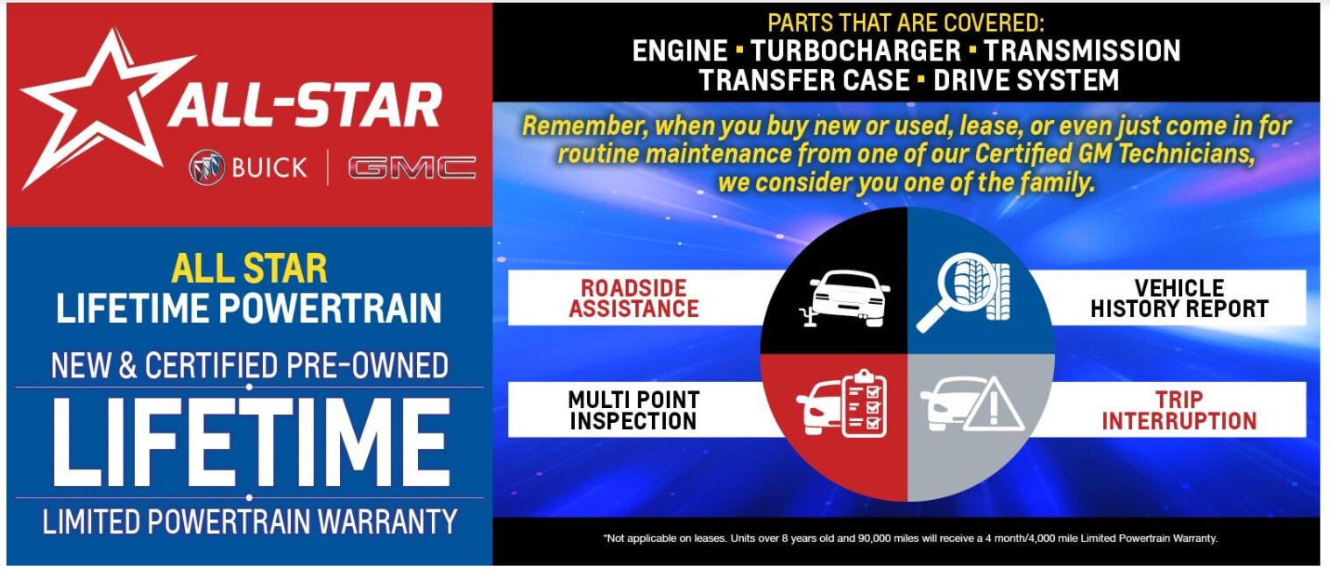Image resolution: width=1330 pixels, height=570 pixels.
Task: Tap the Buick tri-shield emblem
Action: pyautogui.click(x=207, y=167)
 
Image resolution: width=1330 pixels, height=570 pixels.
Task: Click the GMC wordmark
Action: pyautogui.click(x=412, y=168)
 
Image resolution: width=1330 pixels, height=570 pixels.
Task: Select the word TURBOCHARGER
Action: pyautogui.click(x=856, y=51)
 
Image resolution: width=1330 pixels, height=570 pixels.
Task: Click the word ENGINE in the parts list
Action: pyautogui.click(x=680, y=51)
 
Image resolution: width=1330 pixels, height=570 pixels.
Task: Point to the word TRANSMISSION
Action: pyautogui.click(x=1082, y=51)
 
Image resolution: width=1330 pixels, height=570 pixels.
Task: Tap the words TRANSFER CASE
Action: pyautogui.click(x=804, y=80)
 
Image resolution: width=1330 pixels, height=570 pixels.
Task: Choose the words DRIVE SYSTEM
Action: pyautogui.click(x=1026, y=80)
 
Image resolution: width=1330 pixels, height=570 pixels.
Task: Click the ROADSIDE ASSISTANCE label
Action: pyautogui.click(x=633, y=299)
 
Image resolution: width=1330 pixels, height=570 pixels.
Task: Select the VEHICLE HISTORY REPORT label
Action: pyautogui.click(x=1179, y=299)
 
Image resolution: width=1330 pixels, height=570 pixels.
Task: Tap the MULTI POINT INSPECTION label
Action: pyautogui.click(x=633, y=410)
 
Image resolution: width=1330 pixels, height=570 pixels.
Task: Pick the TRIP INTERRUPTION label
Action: pyautogui.click(x=1179, y=410)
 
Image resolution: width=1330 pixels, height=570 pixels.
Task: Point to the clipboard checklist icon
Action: pyautogui.click(x=865, y=403)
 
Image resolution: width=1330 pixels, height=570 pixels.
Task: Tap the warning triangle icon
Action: pyautogui.click(x=994, y=404)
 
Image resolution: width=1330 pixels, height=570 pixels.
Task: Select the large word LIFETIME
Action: pyautogui.click(x=250, y=442)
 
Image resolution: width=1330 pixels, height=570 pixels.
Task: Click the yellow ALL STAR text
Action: pyautogui.click(x=250, y=269)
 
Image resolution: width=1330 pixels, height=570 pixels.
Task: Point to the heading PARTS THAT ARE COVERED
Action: pyautogui.click(x=905, y=23)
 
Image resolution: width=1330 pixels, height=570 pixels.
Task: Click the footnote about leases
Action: pyautogui.click(x=910, y=538)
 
